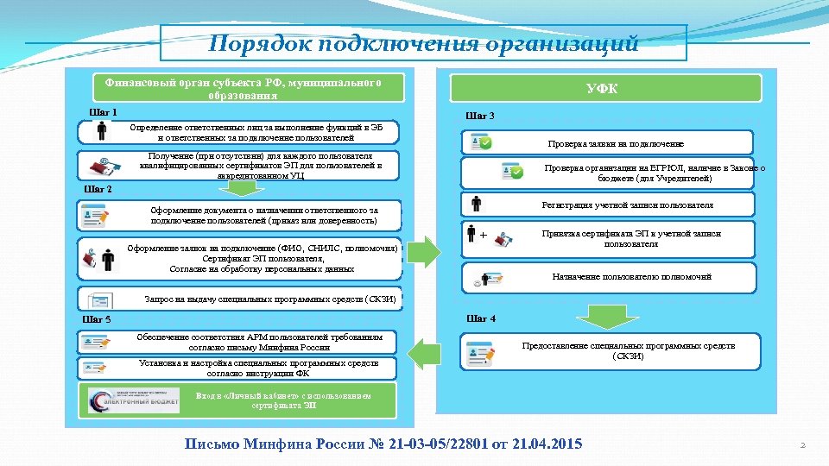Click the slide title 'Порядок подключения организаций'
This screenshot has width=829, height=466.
click(423, 43)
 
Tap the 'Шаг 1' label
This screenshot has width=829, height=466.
click(103, 112)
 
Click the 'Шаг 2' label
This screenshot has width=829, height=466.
click(98, 189)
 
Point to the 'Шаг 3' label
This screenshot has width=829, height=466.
click(480, 115)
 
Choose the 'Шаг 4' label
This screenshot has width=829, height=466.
click(481, 318)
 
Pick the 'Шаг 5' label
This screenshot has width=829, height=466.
click(96, 319)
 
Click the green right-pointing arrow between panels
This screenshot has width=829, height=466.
click(424, 253)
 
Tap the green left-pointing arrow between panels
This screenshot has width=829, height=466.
click(424, 355)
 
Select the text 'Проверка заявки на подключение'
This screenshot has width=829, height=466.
click(616, 143)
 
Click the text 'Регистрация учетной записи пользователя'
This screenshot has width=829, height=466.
click(627, 205)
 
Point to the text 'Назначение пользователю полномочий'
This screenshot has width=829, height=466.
click(632, 277)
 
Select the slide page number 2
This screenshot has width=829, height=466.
click(802, 445)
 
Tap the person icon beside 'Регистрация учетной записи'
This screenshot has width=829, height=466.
click(476, 205)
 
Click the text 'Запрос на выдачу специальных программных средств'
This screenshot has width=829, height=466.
click(270, 299)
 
